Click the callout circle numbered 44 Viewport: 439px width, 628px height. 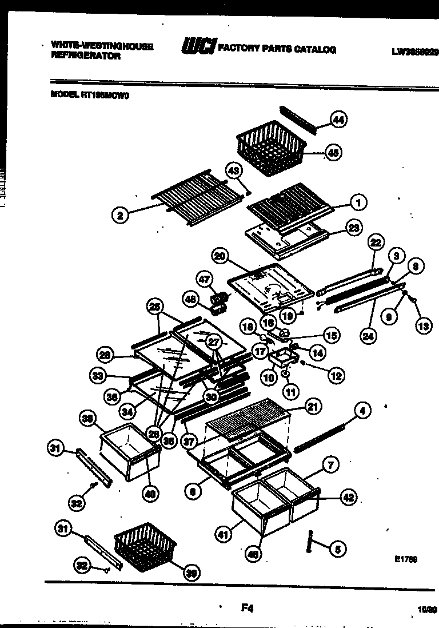click(340, 120)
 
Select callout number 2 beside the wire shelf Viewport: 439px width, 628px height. click(119, 216)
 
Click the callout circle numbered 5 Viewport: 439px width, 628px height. click(337, 549)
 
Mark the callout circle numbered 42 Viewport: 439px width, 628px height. click(349, 498)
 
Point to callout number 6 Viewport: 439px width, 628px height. click(193, 490)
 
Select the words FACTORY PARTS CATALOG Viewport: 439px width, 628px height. click(277, 49)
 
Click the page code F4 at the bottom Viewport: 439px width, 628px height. click(247, 608)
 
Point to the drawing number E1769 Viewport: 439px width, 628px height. click(405, 559)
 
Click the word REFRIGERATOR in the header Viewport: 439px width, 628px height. click(86, 56)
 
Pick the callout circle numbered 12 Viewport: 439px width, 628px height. click(336, 375)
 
